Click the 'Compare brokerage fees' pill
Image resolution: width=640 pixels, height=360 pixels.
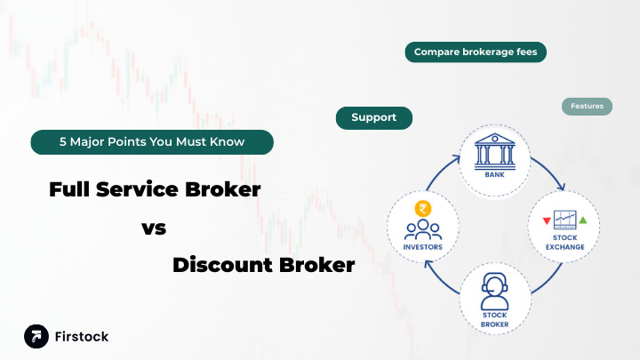[476, 52]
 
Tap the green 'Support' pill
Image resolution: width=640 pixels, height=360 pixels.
[373, 117]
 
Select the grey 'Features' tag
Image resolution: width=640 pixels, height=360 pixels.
[587, 107]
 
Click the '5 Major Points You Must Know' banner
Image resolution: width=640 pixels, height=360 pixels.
[151, 141]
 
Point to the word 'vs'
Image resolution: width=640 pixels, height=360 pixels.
[154, 228]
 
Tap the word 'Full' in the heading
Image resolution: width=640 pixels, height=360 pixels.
[69, 189]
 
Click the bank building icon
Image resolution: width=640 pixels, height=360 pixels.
[494, 152]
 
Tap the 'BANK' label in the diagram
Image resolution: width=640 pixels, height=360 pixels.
[494, 175]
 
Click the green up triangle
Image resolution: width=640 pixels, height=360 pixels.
[583, 220]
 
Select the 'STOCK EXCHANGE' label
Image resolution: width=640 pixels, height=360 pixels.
[564, 242]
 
